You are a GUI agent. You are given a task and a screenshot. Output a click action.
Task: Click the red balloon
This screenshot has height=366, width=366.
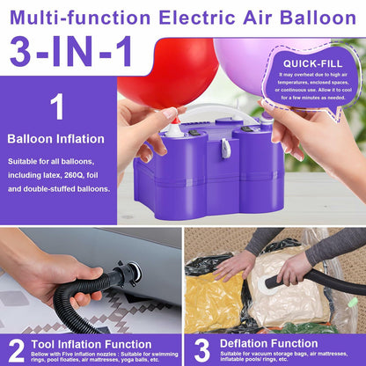coord(170,73)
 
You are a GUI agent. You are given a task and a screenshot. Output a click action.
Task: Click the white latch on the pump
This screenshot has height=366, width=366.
coord(225,148)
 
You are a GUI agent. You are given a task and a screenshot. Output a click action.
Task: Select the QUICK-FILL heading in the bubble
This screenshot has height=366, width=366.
coord(312,63)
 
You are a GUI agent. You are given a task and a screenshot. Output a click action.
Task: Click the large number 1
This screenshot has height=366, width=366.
coord(57,106)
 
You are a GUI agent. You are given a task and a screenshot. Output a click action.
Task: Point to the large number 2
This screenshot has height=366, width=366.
coord(16,351)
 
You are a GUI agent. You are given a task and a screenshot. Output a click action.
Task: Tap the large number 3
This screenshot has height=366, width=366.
coord(202,350)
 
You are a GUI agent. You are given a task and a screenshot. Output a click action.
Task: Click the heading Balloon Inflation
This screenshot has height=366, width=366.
coord(55,139)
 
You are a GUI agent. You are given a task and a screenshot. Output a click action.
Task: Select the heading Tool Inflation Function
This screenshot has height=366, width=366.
coord(91,344)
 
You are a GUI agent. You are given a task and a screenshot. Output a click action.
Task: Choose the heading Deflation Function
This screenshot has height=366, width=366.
coord(269,343)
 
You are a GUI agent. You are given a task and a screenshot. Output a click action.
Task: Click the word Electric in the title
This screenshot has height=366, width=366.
coord(197,18)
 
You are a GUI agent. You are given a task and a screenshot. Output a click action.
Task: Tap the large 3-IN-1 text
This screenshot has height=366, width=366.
coord(70,52)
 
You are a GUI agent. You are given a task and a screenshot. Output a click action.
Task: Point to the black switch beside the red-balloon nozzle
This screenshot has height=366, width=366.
coord(194,132)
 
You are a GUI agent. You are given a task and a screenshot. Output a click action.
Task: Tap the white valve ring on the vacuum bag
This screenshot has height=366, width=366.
coord(267,284)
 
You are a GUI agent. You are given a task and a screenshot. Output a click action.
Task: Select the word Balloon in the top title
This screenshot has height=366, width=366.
coord(318,18)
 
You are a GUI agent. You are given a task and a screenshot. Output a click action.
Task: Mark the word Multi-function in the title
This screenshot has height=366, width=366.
coord(80,18)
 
